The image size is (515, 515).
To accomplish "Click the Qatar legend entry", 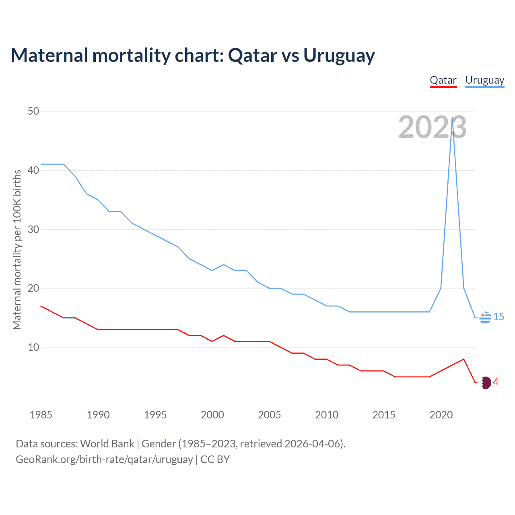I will [443, 80].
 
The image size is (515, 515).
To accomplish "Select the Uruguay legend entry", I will [484, 80].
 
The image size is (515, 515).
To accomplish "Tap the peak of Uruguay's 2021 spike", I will [453, 117].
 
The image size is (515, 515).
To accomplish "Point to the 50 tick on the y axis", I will [33, 111].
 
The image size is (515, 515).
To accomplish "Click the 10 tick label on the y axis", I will [33, 347].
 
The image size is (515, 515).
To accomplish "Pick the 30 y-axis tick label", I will [33, 229].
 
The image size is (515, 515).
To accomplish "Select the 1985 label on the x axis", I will [41, 415].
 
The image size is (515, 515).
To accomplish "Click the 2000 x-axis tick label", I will [212, 415].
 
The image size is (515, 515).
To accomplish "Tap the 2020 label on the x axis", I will [441, 415].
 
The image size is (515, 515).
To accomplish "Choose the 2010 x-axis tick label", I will [327, 415].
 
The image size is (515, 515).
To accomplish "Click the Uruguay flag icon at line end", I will [485, 317].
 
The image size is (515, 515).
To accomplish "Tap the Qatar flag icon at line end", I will [486, 383].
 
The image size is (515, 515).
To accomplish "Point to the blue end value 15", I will [499, 317].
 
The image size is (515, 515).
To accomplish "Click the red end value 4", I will [496, 382].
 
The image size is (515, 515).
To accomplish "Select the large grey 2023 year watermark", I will [432, 128].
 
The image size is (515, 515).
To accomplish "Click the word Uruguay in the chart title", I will [339, 56].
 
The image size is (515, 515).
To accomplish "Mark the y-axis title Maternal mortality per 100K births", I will [17, 249].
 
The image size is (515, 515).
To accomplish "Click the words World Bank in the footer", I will [107, 444].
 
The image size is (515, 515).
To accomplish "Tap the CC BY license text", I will [215, 459].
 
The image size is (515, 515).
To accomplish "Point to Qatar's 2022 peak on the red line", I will [464, 359].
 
